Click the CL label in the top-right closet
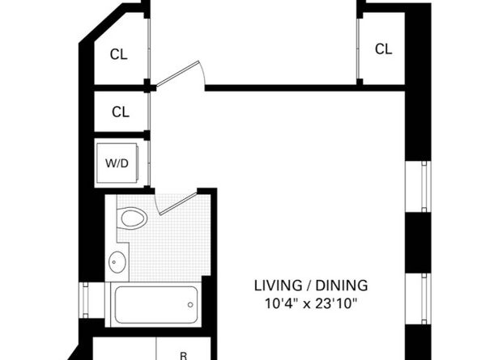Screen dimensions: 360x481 click(383, 49)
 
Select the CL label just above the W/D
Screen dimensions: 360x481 click(120, 112)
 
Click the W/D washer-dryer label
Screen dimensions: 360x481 click(117, 163)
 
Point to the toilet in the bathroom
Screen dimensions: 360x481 click(132, 218)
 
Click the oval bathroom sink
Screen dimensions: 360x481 click(117, 261)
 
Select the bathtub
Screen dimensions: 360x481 click(154, 303)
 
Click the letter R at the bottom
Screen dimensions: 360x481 click(184, 354)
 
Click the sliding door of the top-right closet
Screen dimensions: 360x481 click(359, 47)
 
